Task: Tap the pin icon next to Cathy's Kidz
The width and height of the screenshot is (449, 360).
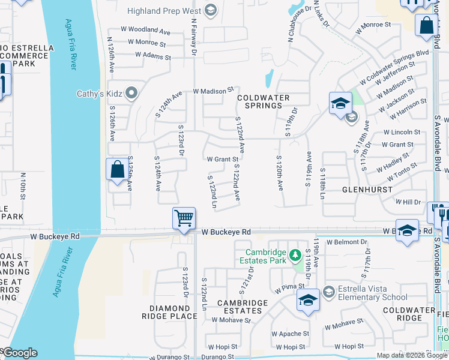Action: pos(133,93)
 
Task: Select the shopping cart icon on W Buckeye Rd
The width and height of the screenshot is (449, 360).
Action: pos(184,218)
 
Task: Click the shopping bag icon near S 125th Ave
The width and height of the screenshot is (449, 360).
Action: pos(116,169)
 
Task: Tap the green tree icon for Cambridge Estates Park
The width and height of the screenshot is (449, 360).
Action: pos(295,255)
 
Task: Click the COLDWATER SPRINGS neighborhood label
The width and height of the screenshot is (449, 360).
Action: pos(263,101)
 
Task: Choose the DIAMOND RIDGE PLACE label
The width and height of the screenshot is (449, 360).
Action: pos(169,311)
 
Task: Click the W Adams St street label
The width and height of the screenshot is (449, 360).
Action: pos(153,55)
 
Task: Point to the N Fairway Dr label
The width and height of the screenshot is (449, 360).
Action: pos(194,37)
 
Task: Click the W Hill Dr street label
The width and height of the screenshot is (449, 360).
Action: pos(408,203)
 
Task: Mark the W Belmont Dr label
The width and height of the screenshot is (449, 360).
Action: pos(347,242)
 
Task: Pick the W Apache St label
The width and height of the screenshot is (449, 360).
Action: pos(290,334)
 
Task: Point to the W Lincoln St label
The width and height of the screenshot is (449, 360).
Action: pos(402,132)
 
